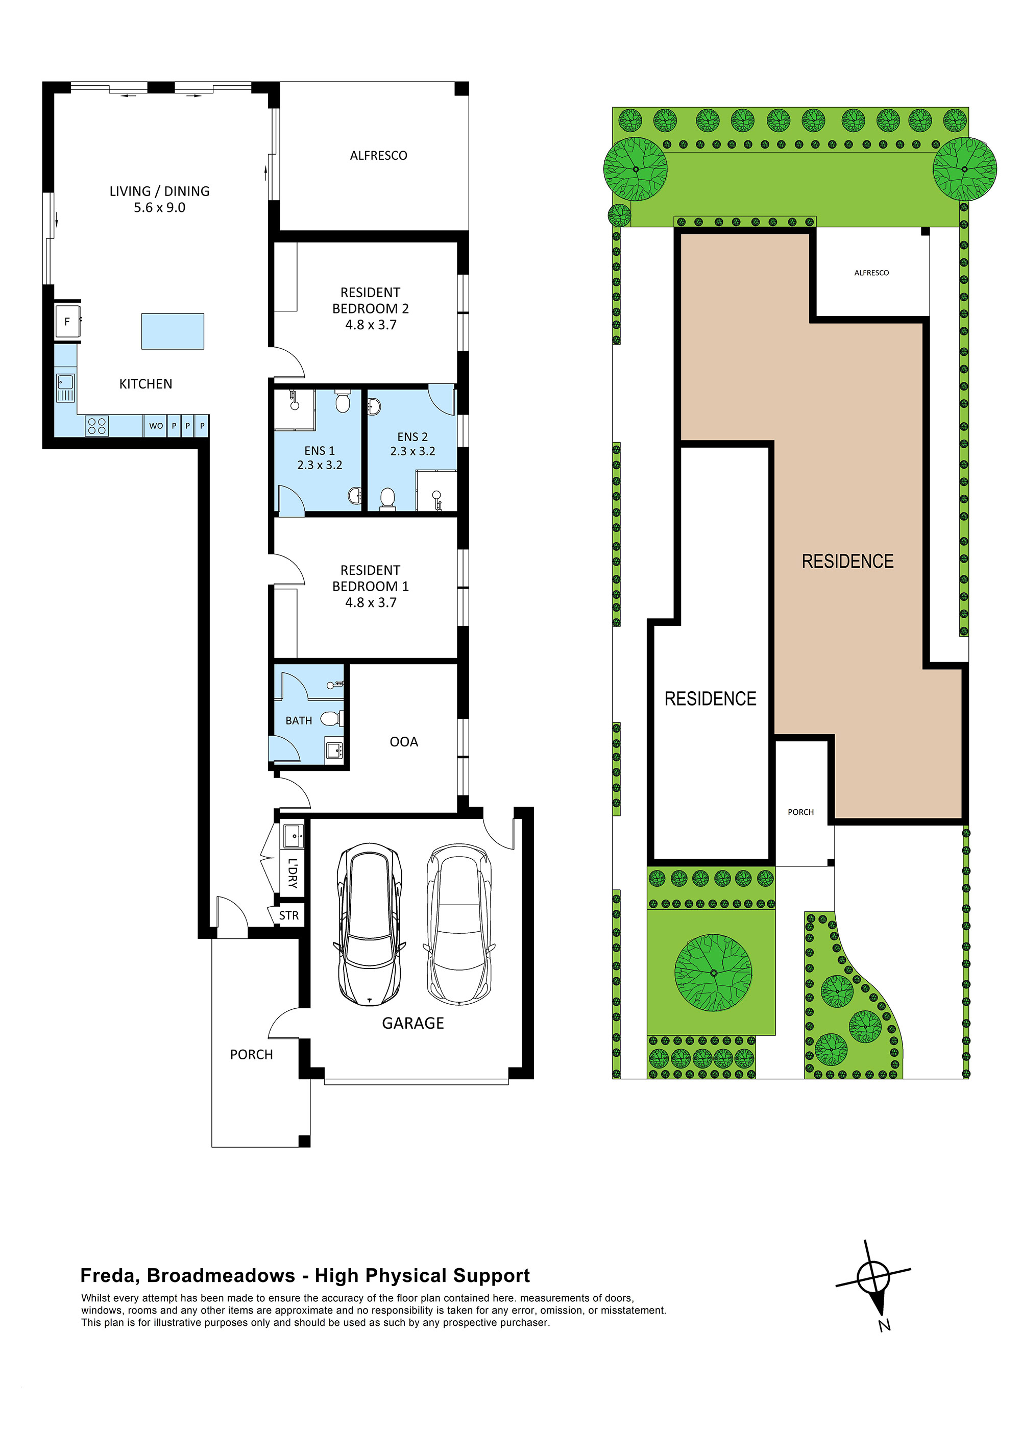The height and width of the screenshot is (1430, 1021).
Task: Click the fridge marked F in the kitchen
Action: click(x=67, y=321)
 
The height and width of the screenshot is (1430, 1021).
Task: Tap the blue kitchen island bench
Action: click(x=172, y=331)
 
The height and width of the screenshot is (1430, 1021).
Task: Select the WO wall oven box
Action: click(x=156, y=426)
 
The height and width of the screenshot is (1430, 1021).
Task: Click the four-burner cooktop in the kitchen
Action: click(x=97, y=426)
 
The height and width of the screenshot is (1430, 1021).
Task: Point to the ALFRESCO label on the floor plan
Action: click(x=378, y=156)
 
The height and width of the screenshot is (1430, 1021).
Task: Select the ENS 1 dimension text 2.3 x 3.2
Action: click(x=320, y=465)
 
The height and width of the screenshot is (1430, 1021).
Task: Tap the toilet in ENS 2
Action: click(x=387, y=498)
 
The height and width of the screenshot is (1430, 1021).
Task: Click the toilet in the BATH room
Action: click(x=331, y=718)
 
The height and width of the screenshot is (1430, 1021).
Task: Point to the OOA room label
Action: click(x=404, y=742)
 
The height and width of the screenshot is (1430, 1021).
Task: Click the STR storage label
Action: click(x=288, y=916)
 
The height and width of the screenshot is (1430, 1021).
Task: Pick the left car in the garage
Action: click(x=370, y=924)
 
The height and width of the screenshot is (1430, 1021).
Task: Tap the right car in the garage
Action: click(x=458, y=924)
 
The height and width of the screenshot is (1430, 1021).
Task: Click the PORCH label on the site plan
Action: click(x=800, y=812)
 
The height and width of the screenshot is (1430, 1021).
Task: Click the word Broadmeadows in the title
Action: click(x=221, y=1275)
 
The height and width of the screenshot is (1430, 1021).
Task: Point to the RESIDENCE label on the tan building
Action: click(x=847, y=561)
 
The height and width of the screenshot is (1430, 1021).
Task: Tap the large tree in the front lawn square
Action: click(x=713, y=973)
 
